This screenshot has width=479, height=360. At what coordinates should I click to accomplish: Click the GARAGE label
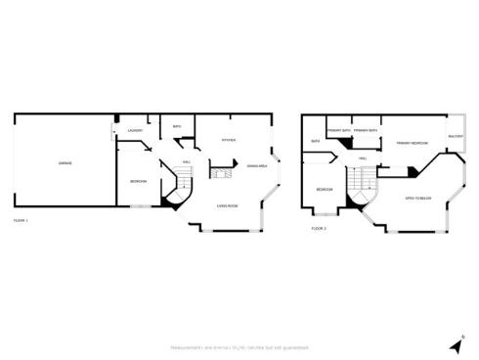(65, 162)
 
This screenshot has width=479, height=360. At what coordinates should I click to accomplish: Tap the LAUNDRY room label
(136, 131)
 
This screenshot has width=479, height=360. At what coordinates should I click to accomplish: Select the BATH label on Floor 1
(177, 127)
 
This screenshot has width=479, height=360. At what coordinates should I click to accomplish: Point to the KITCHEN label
(229, 140)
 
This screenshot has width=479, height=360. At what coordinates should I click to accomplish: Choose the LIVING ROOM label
(229, 205)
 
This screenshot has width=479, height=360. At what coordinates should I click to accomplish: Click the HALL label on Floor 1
(186, 161)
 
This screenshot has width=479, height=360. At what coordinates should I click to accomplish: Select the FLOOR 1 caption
(21, 222)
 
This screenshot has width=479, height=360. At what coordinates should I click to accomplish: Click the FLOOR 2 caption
(319, 228)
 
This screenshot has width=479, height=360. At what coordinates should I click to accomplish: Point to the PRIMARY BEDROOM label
(411, 144)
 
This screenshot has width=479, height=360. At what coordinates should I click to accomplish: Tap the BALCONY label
(455, 136)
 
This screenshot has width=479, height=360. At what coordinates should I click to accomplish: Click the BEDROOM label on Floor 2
(324, 188)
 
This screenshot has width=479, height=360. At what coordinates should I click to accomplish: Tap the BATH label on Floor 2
(316, 141)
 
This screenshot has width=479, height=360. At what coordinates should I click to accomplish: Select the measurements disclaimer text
(239, 347)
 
